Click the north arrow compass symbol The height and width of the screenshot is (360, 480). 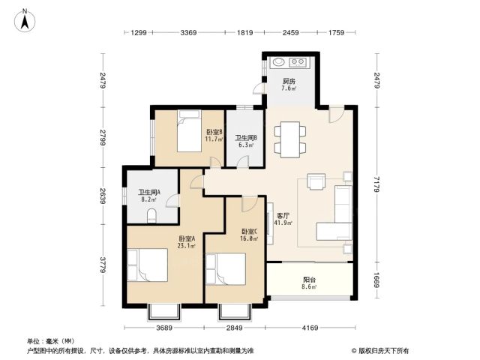coord(25,21)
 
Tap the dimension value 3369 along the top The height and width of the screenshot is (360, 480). coord(188,32)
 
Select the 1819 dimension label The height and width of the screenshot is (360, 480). coord(244,32)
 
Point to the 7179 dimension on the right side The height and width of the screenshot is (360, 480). coord(376,184)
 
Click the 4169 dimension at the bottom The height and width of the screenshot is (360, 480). coord(310,328)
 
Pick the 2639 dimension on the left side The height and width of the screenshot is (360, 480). coord(103,196)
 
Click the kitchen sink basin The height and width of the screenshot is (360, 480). coord(278,62)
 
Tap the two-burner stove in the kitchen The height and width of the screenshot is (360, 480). coord(298,62)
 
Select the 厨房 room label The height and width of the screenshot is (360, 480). coord(289,82)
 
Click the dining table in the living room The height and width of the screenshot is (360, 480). coord(290,139)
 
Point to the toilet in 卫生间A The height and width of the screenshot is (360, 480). coord(151,215)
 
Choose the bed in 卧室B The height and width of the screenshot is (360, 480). coord(189,131)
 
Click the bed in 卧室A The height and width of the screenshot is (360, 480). coord(148,265)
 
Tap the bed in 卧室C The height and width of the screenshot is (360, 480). coord(226,269)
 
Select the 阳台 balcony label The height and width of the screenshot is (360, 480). coord(310,280)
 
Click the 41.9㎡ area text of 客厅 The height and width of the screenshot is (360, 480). coord(283,223)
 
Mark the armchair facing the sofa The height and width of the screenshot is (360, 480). coord(316,181)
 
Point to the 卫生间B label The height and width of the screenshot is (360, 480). coord(246,138)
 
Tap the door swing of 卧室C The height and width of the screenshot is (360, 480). coord(248,205)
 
